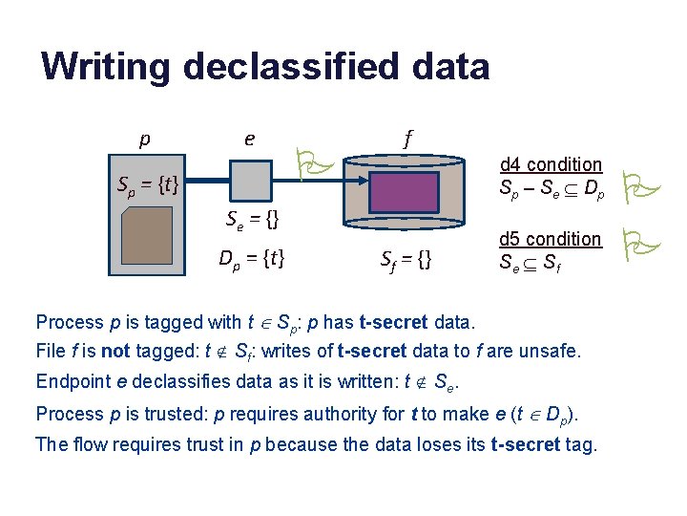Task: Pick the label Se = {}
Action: pos(251,221)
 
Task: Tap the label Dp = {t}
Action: pos(252,257)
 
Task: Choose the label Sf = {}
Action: pos(406,258)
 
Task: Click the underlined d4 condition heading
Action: pos(551,164)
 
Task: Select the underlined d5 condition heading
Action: pos(551,238)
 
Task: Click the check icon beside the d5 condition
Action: pos(634,245)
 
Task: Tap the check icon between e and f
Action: pos(313,162)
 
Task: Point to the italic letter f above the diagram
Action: pos(407,139)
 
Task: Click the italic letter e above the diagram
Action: pos(249,139)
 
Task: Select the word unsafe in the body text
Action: pos(550,351)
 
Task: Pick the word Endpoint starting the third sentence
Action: pos(73,382)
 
